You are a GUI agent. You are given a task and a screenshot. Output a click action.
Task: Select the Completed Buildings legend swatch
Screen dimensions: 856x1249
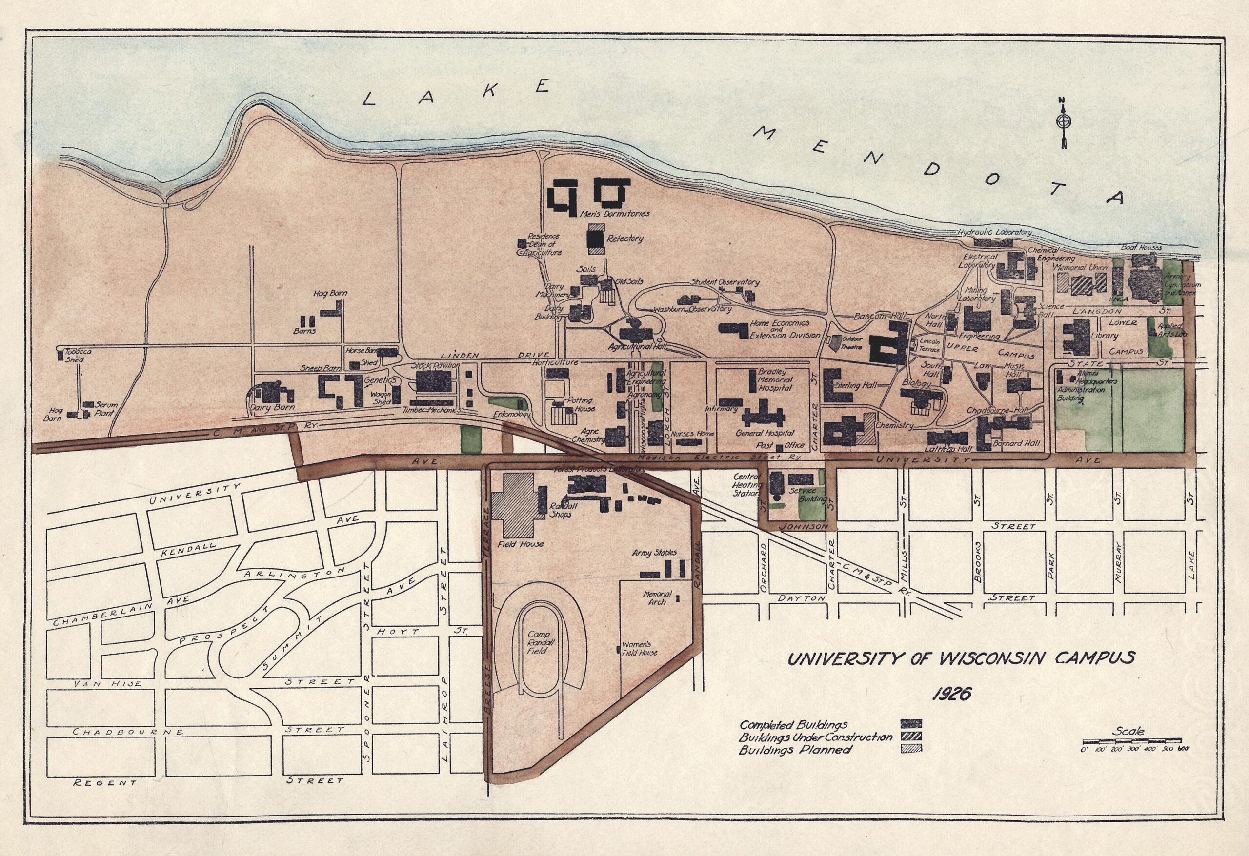click(911, 723)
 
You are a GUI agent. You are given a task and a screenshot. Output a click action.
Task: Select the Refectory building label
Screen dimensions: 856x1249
click(624, 238)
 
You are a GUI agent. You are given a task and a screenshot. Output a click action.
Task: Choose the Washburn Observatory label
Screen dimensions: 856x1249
click(692, 310)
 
